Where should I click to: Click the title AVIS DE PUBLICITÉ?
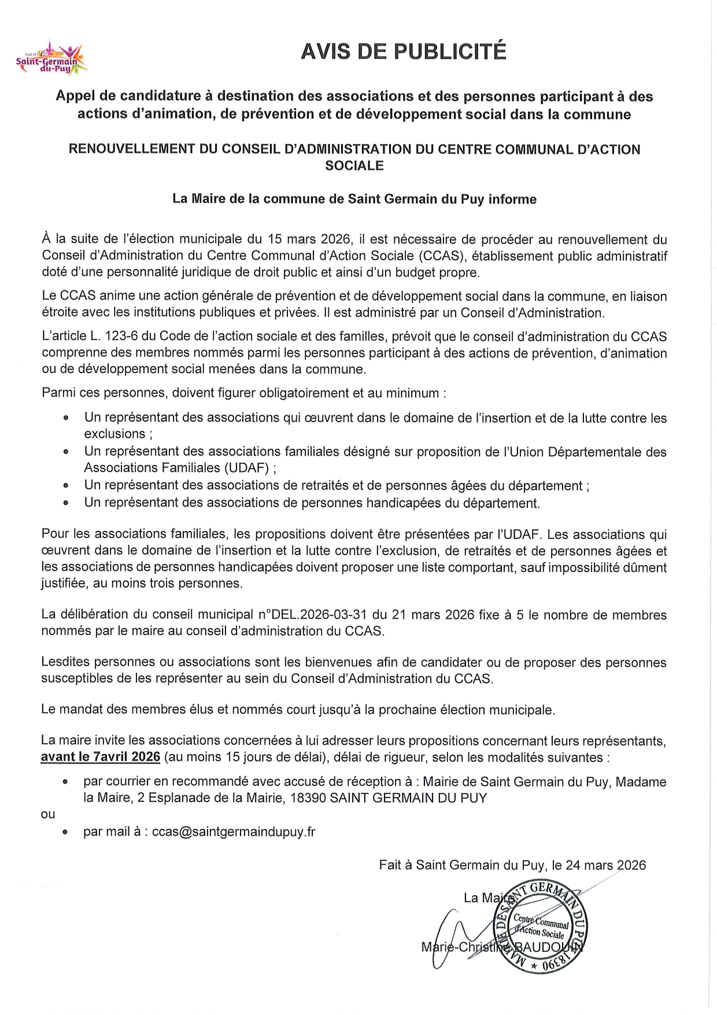click(403, 52)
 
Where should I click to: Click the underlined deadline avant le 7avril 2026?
click(100, 757)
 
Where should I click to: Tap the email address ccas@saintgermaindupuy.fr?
click(234, 832)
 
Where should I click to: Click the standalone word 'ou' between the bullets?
click(48, 814)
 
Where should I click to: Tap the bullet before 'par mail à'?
click(66, 832)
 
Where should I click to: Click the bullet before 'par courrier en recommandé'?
click(66, 782)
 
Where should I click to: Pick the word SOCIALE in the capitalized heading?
click(354, 166)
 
